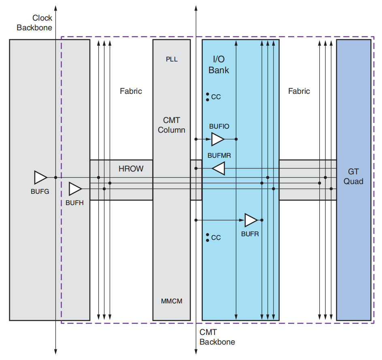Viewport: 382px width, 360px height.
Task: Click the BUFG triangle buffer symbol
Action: pos(40,177)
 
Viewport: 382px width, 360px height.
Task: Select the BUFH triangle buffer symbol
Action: pos(75,188)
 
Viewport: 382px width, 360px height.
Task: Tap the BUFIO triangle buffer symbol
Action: pos(218,139)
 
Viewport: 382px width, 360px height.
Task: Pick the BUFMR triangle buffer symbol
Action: pos(219,168)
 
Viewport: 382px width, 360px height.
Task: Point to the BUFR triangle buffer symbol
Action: pos(251,220)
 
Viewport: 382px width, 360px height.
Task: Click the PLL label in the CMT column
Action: pos(172,59)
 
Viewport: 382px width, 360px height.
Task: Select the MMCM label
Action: pos(172,301)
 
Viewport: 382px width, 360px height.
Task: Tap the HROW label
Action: pos(131,169)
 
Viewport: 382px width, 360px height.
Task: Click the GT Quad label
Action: pos(353,176)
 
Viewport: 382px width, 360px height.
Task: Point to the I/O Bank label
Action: pos(219,65)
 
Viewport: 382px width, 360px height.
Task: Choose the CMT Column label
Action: pos(172,125)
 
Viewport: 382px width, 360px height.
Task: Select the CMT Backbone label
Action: pos(217,337)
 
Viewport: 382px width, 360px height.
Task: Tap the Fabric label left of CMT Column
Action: pos(131,91)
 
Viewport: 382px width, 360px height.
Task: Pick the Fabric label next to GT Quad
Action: pos(299,91)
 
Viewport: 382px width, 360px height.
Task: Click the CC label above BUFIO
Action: pos(216,97)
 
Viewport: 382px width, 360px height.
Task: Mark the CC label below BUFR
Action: pos(216,237)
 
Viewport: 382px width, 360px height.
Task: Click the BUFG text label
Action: pos(40,191)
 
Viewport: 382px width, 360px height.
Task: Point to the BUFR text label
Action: pos(250,234)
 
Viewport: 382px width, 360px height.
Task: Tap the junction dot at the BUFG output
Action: pos(55,177)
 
